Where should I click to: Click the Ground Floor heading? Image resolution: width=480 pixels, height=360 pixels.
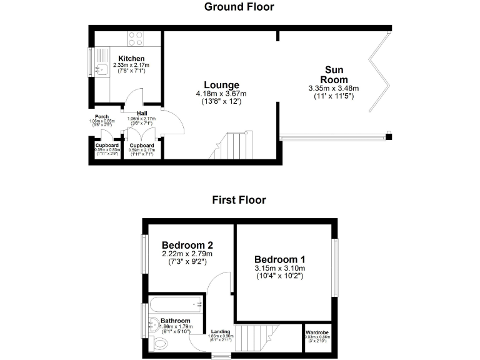pyautogui.click(x=239, y=7)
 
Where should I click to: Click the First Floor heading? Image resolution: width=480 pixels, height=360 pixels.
pyautogui.click(x=239, y=200)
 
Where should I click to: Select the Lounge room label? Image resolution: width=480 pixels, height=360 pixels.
pyautogui.click(x=221, y=85)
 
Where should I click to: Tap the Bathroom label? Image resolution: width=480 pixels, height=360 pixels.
pyautogui.click(x=175, y=319)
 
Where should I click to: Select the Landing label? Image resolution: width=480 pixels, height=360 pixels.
pyautogui.click(x=221, y=331)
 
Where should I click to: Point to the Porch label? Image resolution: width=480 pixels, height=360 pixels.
pyautogui.click(x=102, y=116)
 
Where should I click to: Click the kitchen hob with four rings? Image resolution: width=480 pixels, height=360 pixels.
pyautogui.click(x=136, y=39)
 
